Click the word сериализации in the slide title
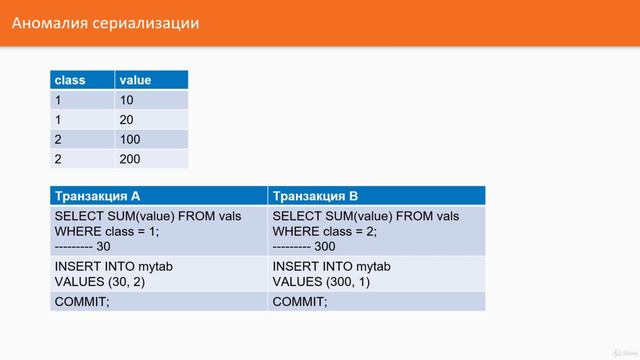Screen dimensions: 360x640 (145, 22)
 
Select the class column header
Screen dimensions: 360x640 (70, 80)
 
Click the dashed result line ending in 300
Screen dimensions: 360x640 (304, 245)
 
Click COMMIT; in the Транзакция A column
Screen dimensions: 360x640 (81, 301)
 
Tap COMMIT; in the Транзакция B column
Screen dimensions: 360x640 (299, 301)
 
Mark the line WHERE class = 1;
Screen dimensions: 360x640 (106, 231)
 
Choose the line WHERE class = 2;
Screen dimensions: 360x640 (324, 231)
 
